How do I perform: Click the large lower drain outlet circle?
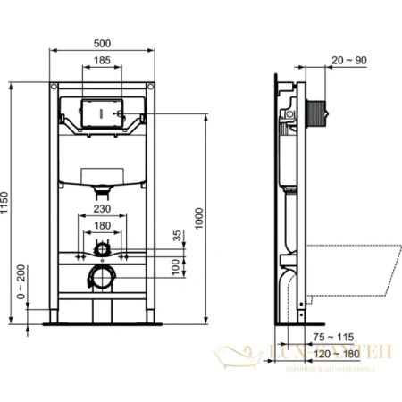(103, 277)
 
